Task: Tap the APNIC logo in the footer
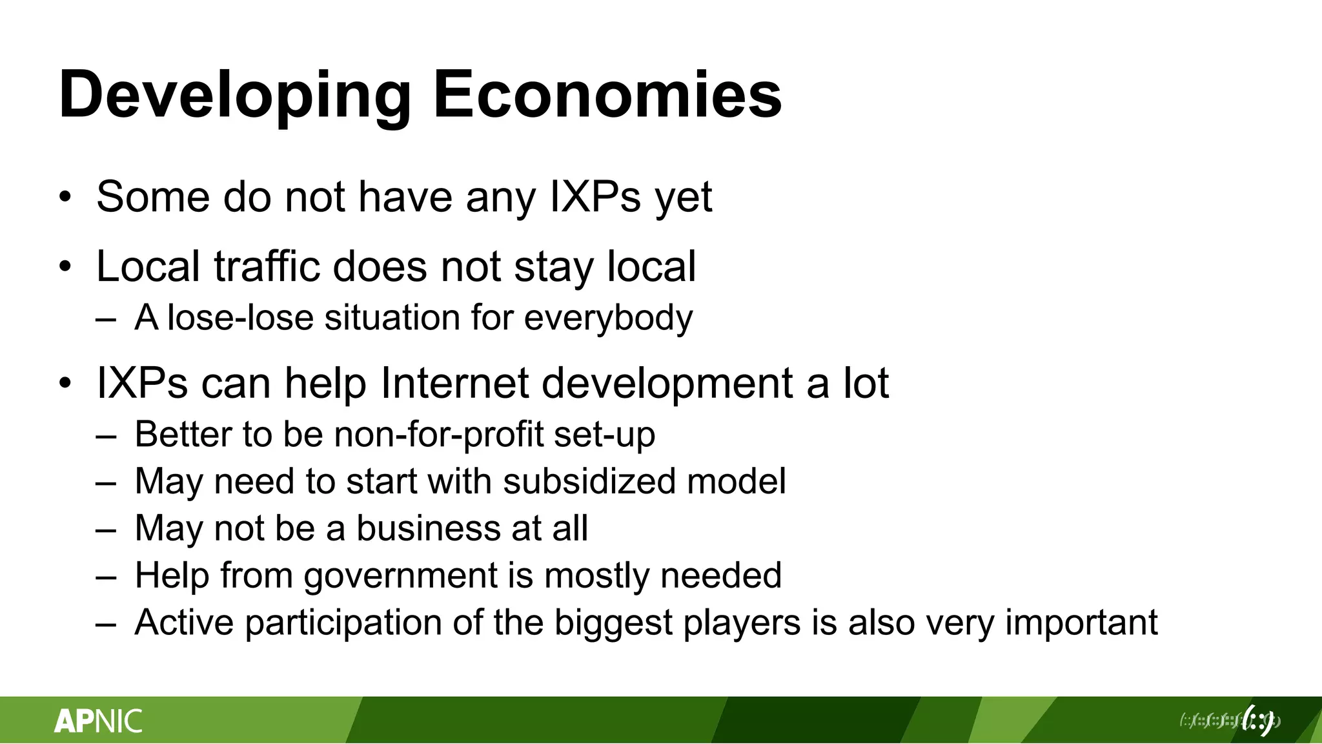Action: click(x=98, y=721)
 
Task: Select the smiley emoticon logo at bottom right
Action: click(x=1258, y=719)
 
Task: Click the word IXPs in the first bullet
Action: click(x=595, y=196)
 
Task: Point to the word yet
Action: click(x=684, y=198)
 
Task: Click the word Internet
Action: click(x=454, y=383)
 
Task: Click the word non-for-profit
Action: click(x=439, y=435)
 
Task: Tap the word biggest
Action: click(x=613, y=624)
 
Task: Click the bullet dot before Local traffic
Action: click(x=65, y=267)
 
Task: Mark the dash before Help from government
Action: click(x=106, y=576)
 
